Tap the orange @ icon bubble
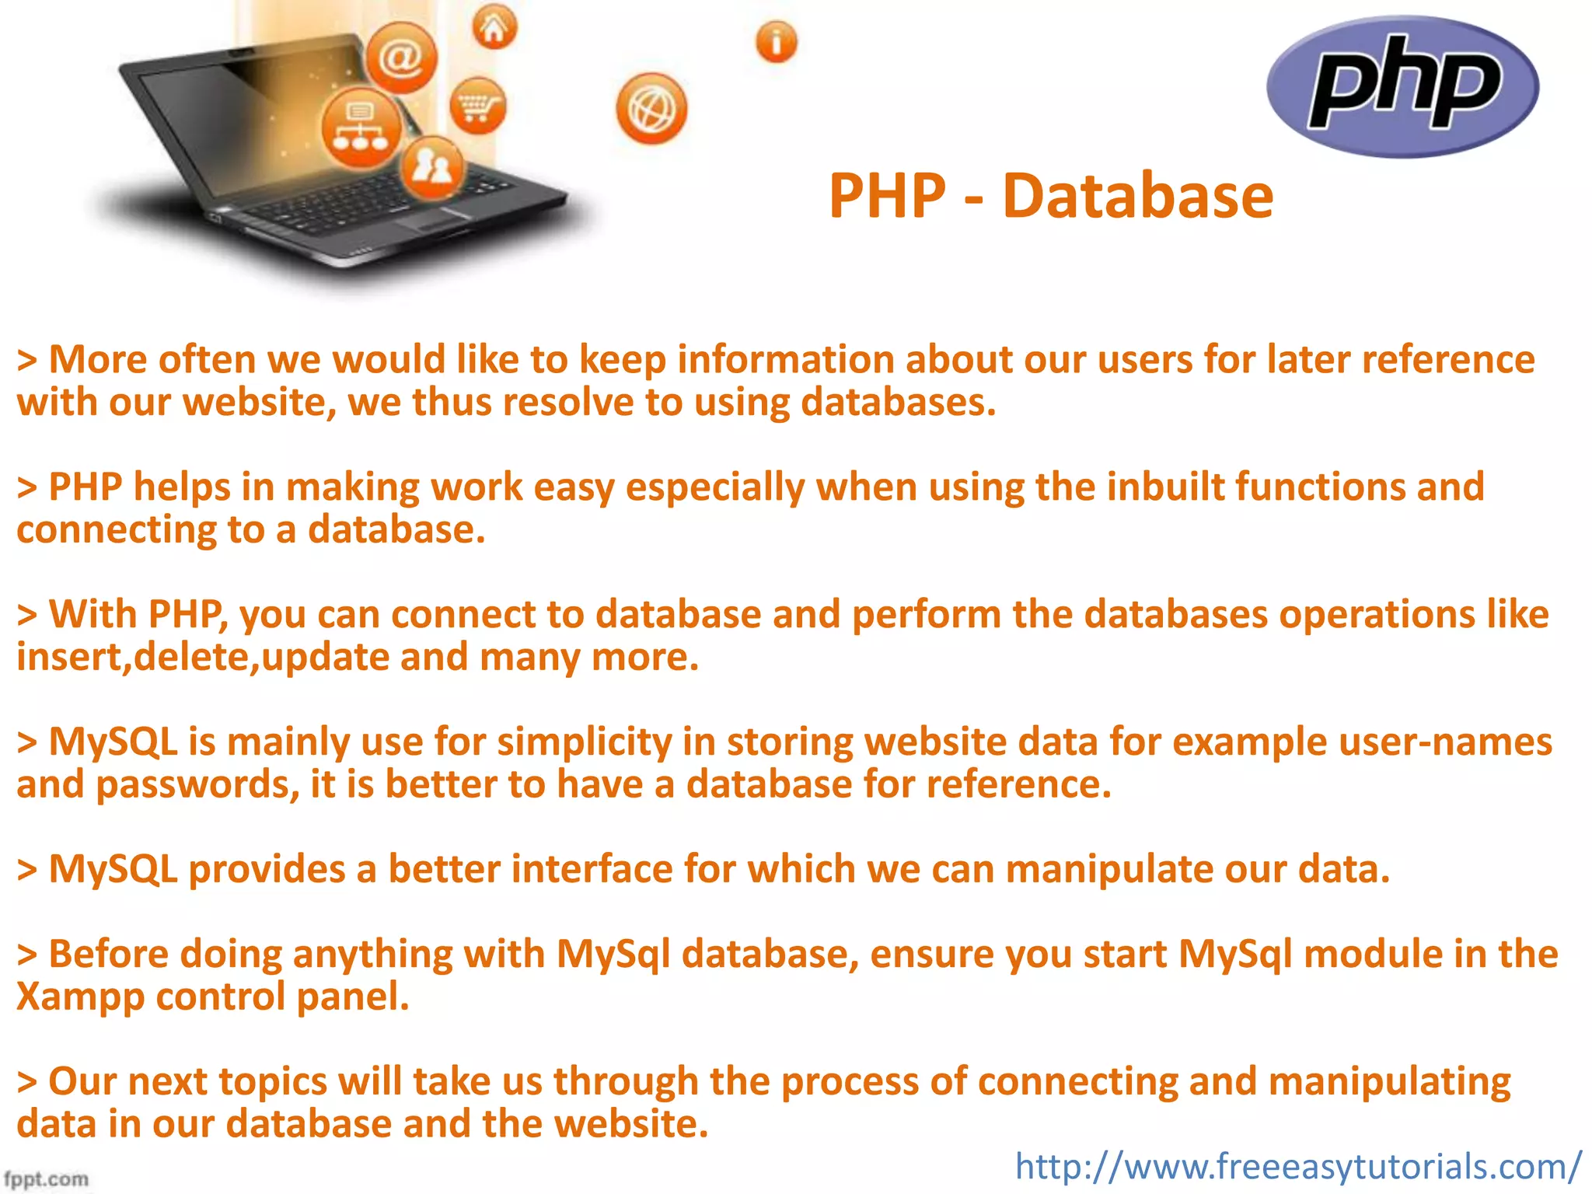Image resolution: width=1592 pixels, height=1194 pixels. (x=401, y=57)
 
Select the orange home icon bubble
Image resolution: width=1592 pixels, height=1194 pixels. (x=494, y=28)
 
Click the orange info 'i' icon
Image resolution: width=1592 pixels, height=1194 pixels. (x=776, y=41)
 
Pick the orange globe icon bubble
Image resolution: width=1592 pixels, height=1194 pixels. (x=651, y=109)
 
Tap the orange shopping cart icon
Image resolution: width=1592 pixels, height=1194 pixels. (x=477, y=106)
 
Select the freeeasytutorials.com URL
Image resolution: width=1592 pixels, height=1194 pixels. (x=1297, y=1166)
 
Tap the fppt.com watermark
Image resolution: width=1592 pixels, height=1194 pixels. (x=47, y=1178)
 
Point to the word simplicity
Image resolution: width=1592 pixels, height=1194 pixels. (x=584, y=742)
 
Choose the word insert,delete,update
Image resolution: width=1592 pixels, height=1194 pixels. (x=203, y=658)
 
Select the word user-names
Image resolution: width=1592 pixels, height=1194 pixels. (x=1445, y=742)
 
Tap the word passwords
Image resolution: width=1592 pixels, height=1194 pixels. (x=197, y=785)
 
